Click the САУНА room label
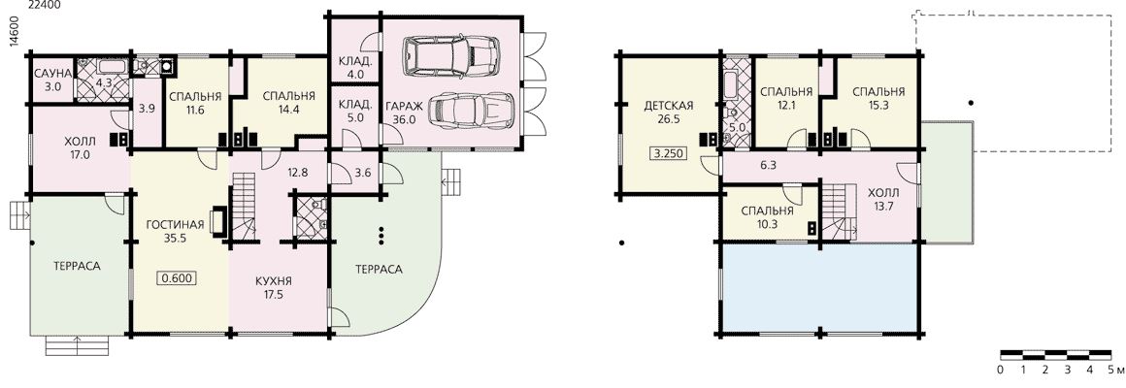click(x=52, y=74)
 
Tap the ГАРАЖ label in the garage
click(x=402, y=107)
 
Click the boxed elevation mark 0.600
click(x=176, y=279)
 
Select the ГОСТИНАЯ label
click(x=176, y=225)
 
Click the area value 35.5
click(x=176, y=239)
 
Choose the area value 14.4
click(x=288, y=110)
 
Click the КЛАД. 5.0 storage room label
click(x=355, y=112)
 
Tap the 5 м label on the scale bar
click(x=1115, y=371)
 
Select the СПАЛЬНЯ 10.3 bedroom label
click(x=767, y=217)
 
